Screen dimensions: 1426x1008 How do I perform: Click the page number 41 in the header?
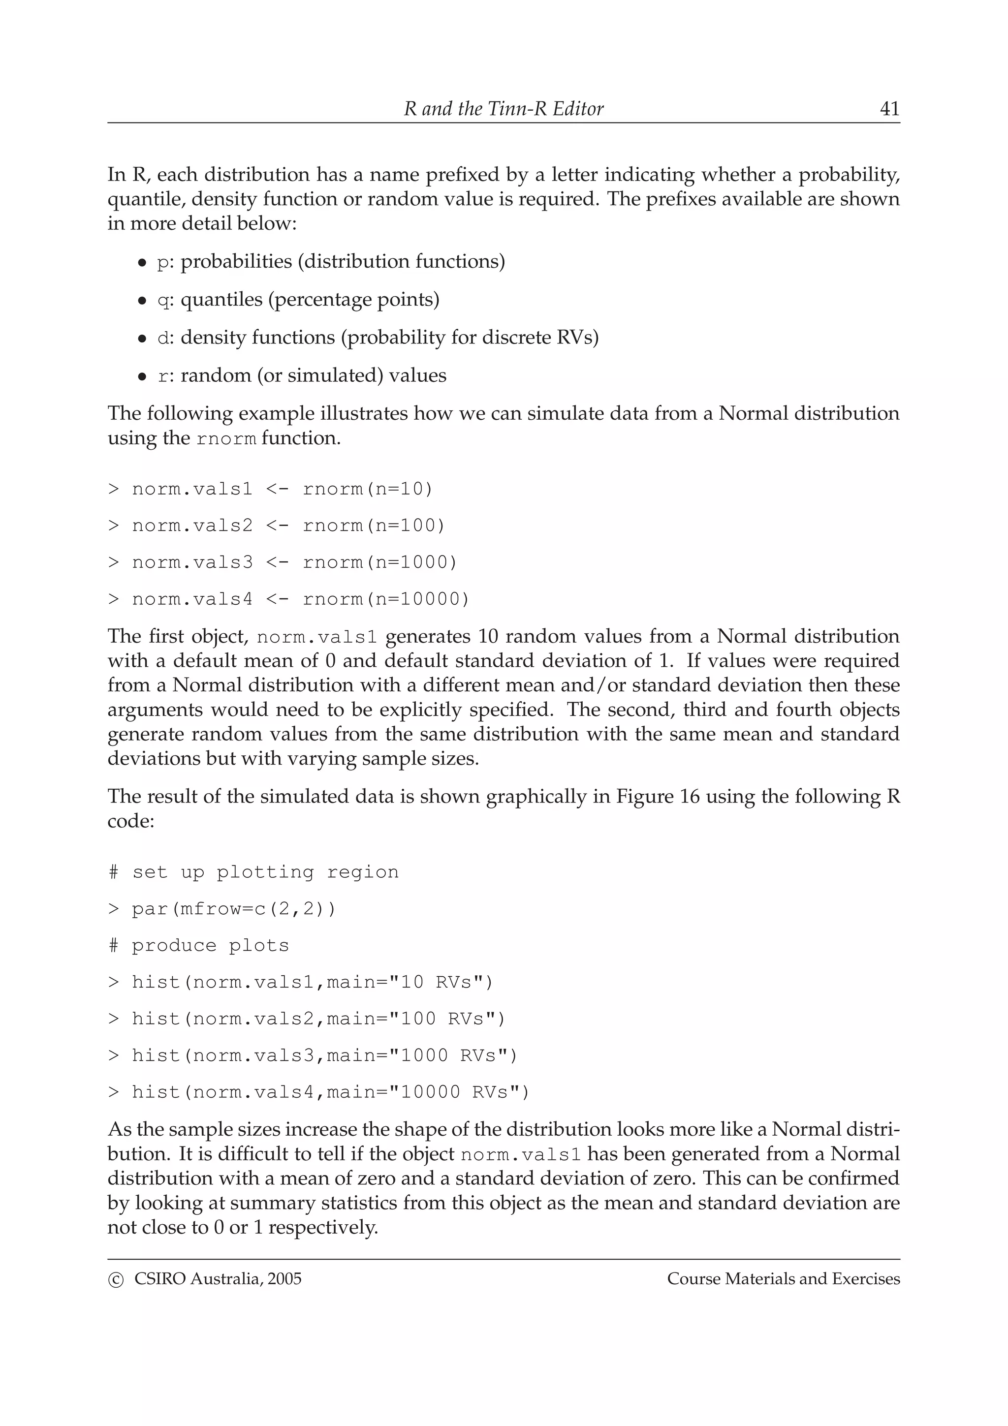[x=889, y=109]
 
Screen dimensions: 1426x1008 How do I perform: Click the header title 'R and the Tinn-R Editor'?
[x=503, y=109]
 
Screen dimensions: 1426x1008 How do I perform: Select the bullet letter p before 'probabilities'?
[x=163, y=263]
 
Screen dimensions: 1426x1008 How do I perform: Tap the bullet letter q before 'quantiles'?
[x=163, y=301]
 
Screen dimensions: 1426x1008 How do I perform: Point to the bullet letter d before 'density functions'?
[x=163, y=339]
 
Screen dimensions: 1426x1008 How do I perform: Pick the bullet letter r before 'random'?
[x=163, y=376]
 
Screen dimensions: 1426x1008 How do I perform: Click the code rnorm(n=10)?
[x=367, y=490]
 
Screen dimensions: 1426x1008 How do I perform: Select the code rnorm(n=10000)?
[x=386, y=599]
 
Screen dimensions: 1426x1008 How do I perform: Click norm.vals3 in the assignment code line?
[x=192, y=563]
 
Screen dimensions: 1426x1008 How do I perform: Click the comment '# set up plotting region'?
[x=253, y=872]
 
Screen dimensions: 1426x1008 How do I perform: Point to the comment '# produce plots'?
[x=199, y=945]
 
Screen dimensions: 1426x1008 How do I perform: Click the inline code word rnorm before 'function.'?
[x=226, y=439]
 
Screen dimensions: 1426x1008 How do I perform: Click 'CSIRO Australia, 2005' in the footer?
[x=218, y=1279]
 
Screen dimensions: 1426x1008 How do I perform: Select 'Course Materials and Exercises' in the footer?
[x=783, y=1279]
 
